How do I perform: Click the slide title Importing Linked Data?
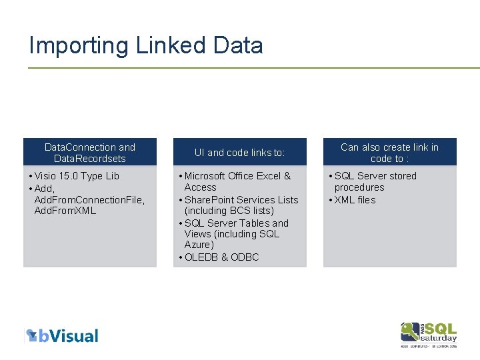click(x=146, y=45)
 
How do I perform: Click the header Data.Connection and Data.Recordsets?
click(x=89, y=153)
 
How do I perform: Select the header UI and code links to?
click(x=239, y=153)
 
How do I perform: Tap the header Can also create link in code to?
click(x=389, y=153)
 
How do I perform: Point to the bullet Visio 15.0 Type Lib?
click(x=77, y=176)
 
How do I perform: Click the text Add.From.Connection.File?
click(x=89, y=200)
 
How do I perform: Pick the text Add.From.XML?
click(x=65, y=211)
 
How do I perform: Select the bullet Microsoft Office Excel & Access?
click(x=237, y=181)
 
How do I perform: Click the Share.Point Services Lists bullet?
click(x=241, y=200)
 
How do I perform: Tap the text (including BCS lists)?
click(x=229, y=211)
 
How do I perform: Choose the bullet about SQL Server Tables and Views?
click(x=236, y=229)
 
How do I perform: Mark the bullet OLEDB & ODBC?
click(x=221, y=257)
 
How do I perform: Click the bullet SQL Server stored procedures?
click(x=375, y=181)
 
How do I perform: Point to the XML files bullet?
click(x=355, y=200)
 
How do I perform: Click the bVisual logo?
click(x=62, y=335)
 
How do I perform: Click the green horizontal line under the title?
click(x=253, y=67)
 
